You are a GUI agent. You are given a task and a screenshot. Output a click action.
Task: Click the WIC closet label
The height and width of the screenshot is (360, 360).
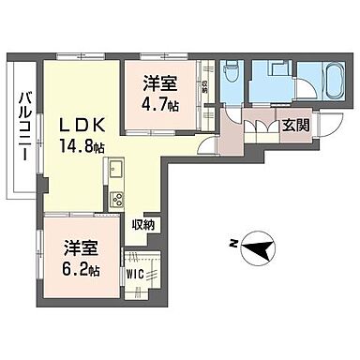click(x=136, y=276)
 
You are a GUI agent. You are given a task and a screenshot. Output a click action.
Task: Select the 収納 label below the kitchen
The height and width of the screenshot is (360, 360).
click(x=144, y=225)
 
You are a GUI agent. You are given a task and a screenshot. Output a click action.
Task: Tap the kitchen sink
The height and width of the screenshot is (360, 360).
click(x=116, y=170)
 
